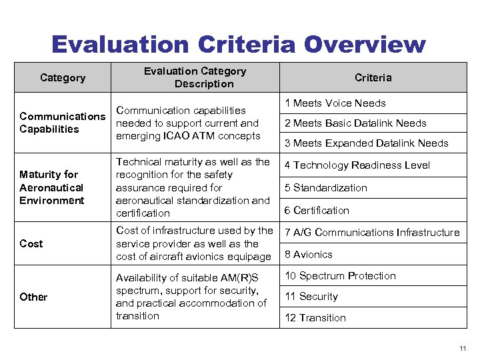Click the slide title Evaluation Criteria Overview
point(239,44)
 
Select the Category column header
point(63,78)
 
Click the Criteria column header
point(373,78)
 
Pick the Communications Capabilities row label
point(62,123)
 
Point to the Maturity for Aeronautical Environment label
point(52,187)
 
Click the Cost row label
point(31,244)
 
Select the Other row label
point(33,297)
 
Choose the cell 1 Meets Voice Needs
point(335,103)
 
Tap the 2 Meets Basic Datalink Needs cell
point(355,123)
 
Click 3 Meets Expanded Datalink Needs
point(367,143)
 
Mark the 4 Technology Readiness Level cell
point(357,165)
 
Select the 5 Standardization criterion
point(326,188)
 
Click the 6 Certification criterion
point(317,211)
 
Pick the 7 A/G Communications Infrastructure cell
point(372,233)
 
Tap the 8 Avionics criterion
point(309,255)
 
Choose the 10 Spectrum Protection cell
point(341,276)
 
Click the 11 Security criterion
point(311,297)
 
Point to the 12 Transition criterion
point(315,318)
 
